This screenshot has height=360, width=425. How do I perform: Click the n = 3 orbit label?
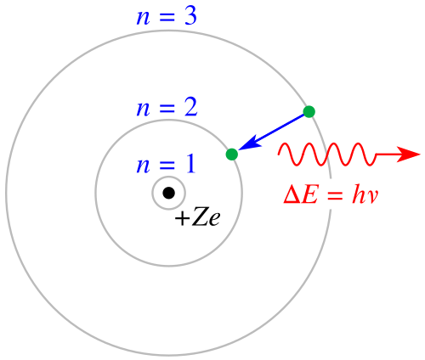[167, 16]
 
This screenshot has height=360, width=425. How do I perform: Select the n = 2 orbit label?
[167, 108]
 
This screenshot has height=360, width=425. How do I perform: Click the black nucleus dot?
[168, 193]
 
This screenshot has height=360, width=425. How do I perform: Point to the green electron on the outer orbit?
[309, 111]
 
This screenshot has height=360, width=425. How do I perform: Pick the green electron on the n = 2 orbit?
[232, 155]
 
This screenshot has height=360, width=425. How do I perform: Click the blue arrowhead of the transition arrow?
[250, 143]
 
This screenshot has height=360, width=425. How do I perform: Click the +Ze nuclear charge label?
[197, 218]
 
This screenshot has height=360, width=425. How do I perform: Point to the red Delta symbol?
[292, 195]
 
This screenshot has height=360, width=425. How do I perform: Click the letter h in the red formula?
[359, 194]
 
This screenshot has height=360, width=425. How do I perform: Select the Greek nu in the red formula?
[372, 198]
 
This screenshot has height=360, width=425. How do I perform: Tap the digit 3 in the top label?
[190, 16]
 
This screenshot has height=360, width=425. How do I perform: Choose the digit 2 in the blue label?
[190, 108]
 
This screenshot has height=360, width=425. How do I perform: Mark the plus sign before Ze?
[182, 219]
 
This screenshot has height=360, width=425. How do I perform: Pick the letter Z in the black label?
[200, 218]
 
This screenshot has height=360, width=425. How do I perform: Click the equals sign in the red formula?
[334, 196]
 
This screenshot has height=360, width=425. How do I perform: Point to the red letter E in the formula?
[310, 195]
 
